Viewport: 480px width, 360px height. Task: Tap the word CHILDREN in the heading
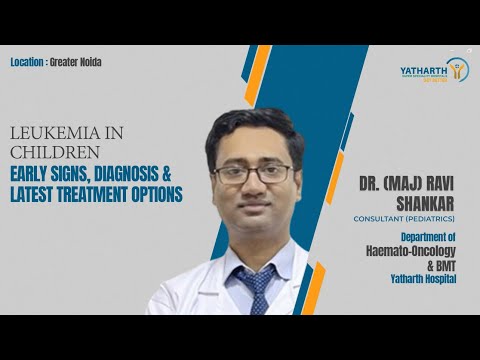tap(42, 153)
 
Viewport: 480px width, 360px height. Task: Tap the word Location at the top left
tap(27, 62)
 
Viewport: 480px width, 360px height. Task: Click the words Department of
tap(429, 237)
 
